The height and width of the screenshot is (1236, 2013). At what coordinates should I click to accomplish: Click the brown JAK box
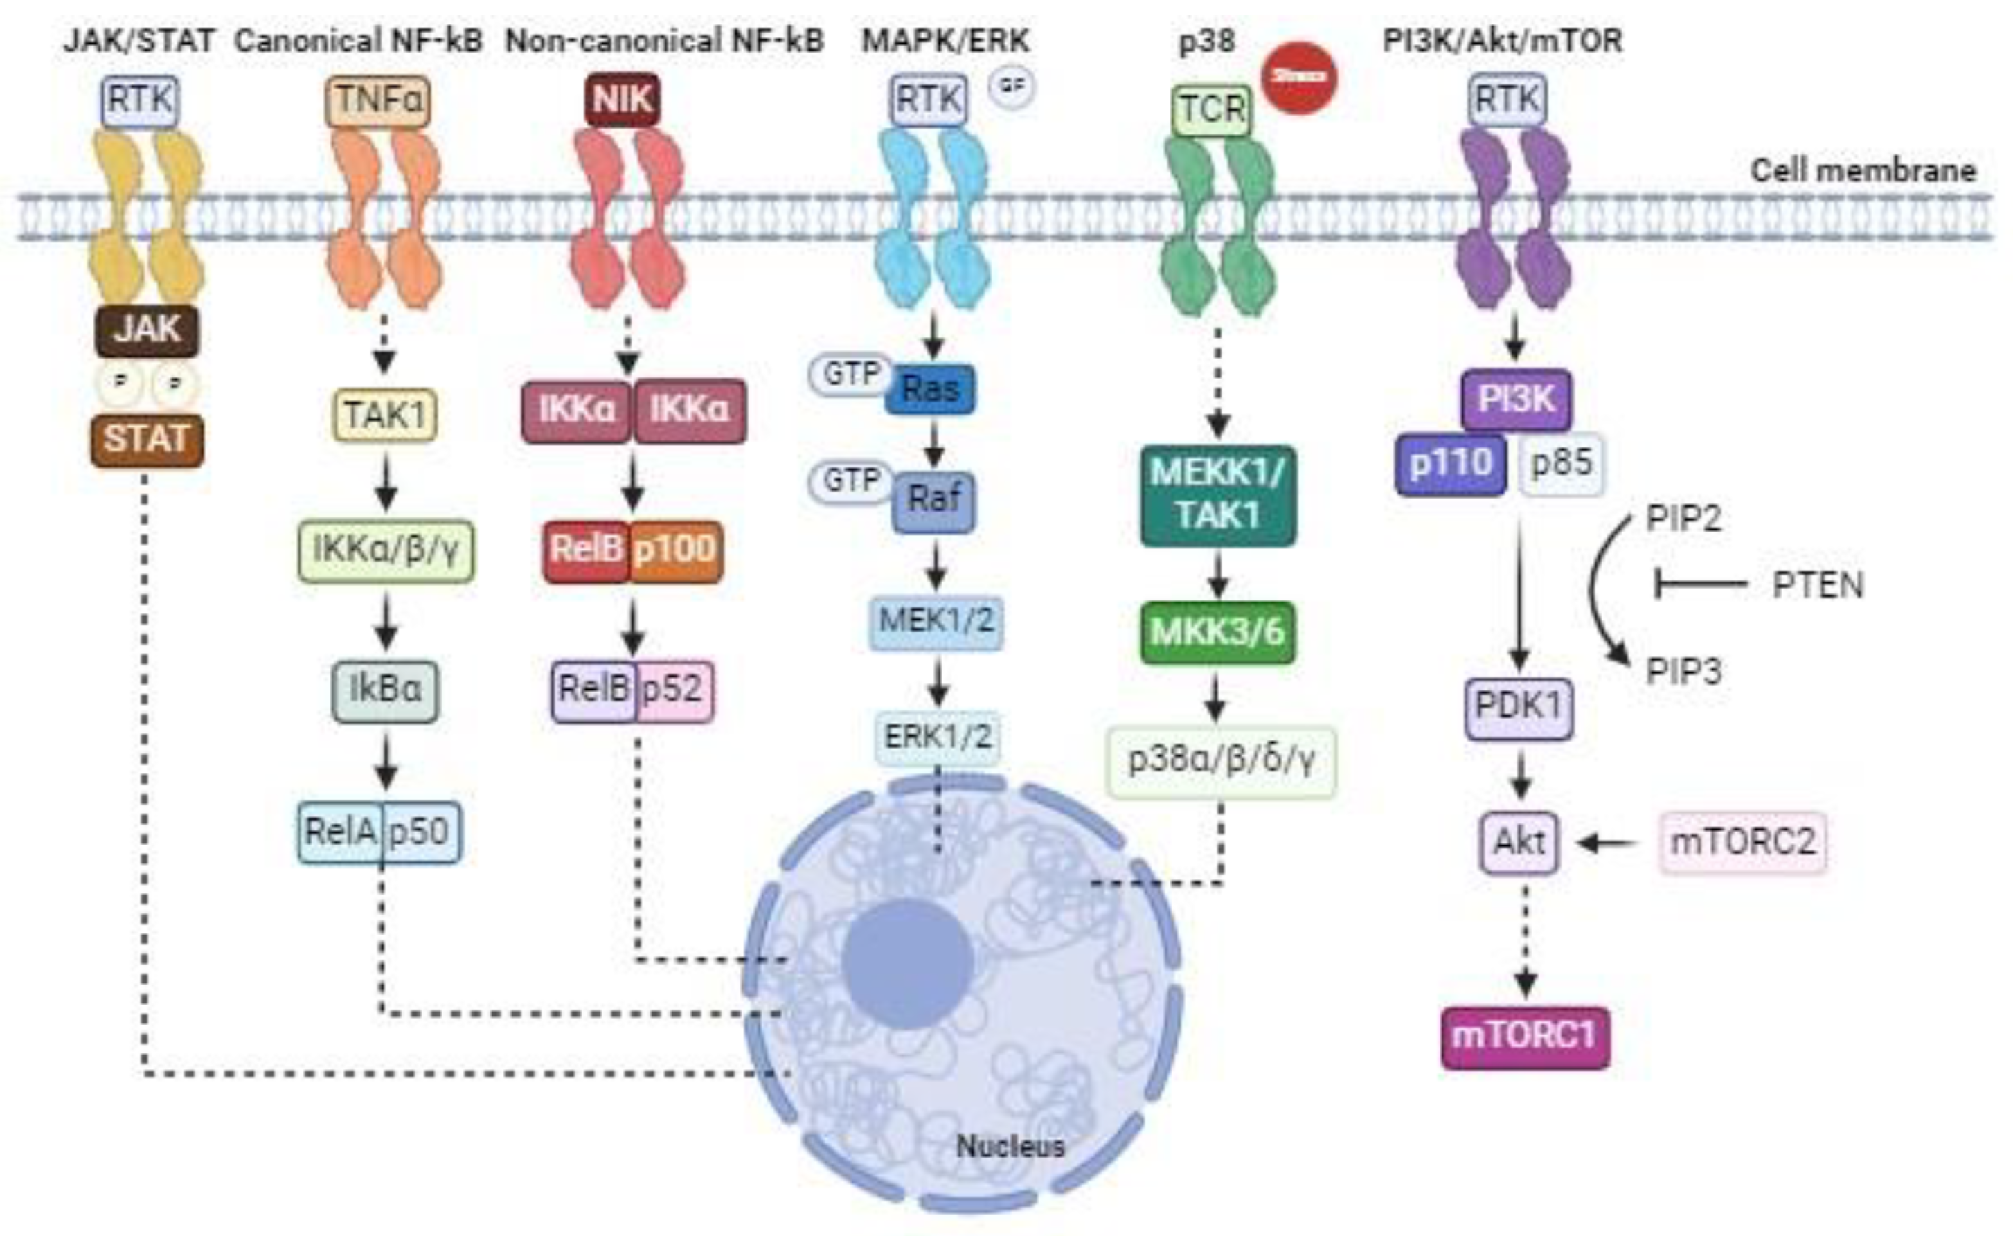[x=146, y=330]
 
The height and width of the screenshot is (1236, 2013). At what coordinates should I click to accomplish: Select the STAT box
[x=146, y=440]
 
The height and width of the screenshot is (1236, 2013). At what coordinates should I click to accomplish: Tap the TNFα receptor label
[x=378, y=100]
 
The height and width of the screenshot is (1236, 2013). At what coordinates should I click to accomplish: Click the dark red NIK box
[x=622, y=100]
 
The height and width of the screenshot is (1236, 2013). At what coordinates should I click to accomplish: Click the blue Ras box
[x=930, y=388]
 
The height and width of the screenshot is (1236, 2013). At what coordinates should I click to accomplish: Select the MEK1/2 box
[x=936, y=621]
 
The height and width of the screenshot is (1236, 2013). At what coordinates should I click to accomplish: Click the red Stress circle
[x=1298, y=78]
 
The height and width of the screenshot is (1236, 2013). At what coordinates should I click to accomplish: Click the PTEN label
[x=1817, y=585]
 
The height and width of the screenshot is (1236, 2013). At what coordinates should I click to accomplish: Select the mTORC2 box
[x=1742, y=842]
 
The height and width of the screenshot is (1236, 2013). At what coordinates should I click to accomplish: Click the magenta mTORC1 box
[x=1524, y=1037]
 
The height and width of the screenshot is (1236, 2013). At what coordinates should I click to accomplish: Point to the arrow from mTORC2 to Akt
[x=1606, y=842]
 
